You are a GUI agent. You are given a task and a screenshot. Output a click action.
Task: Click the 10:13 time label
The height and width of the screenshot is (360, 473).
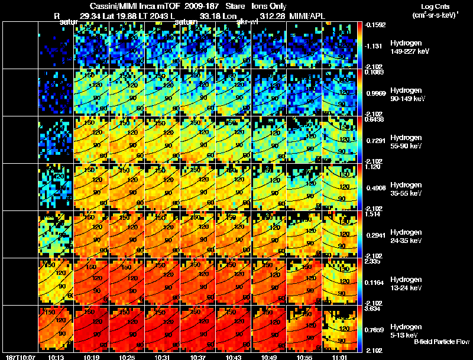tap(55, 357)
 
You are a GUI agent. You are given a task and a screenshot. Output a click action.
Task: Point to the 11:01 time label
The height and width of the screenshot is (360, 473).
tap(339, 357)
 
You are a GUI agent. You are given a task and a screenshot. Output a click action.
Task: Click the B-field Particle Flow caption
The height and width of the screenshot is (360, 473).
tap(441, 342)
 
